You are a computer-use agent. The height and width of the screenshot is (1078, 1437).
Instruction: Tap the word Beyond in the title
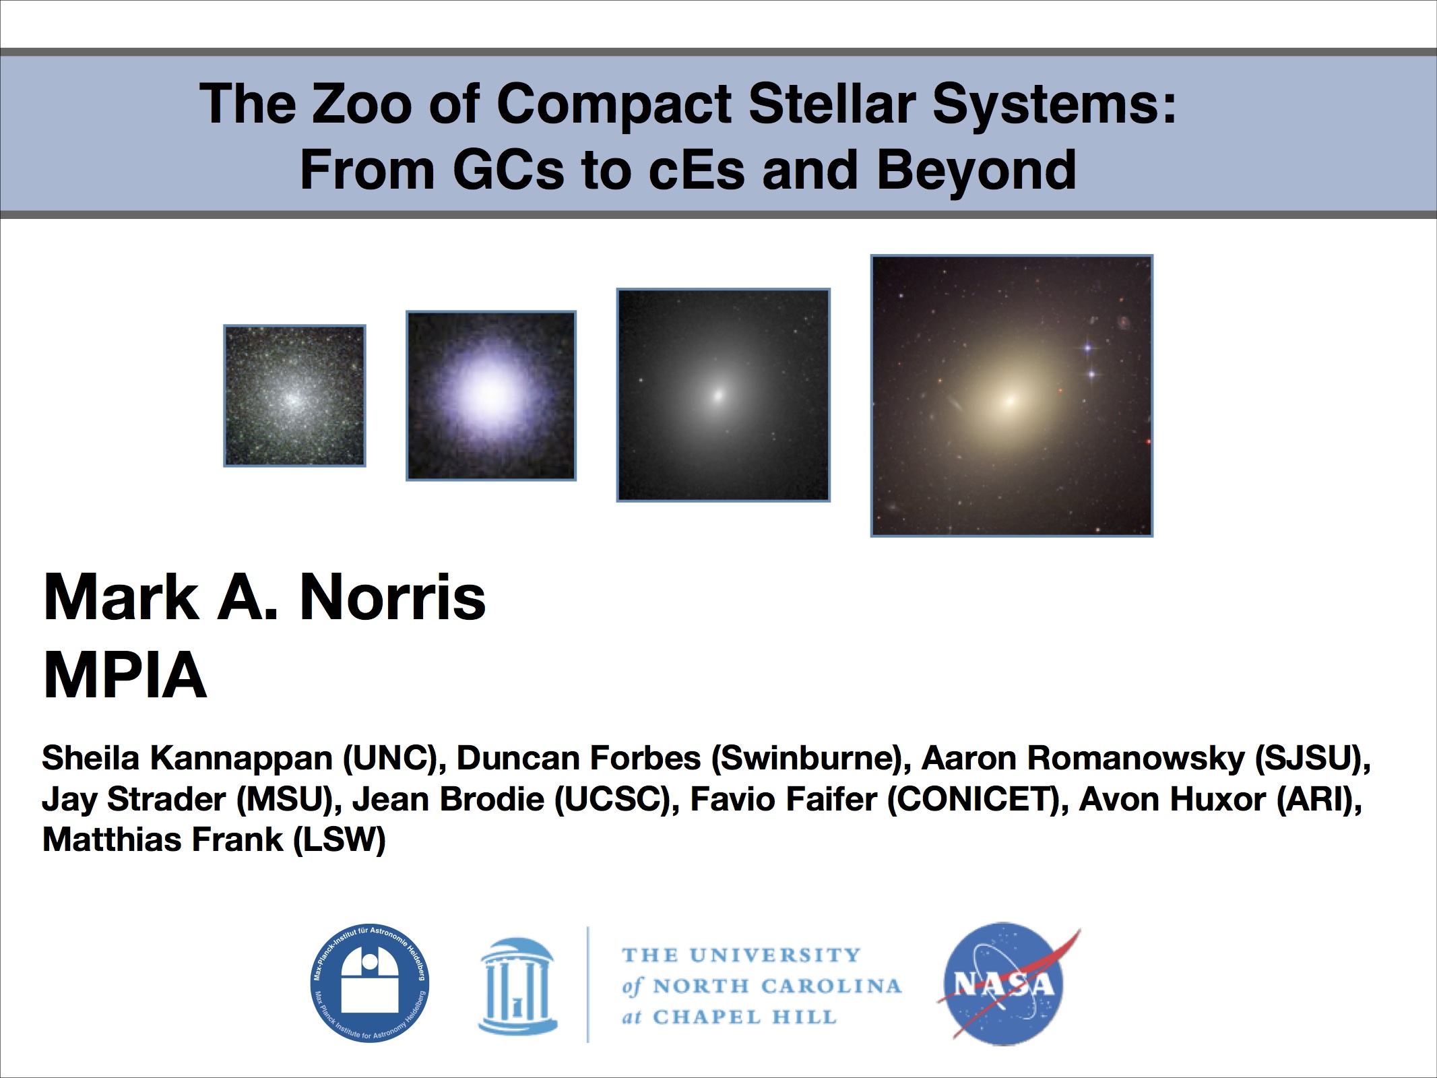[x=976, y=170]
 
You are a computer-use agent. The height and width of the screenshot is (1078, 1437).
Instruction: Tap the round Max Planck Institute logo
[x=370, y=983]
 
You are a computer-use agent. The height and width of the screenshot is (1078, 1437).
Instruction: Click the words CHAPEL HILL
[x=744, y=1017]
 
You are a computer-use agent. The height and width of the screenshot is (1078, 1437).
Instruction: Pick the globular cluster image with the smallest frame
[x=295, y=395]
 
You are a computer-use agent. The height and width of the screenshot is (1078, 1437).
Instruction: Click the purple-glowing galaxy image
[x=491, y=395]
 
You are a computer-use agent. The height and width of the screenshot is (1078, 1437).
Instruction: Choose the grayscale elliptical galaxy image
[x=724, y=395]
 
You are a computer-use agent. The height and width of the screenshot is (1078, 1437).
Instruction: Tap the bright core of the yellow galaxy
[x=1010, y=401]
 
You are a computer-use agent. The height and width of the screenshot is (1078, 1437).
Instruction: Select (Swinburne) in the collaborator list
[x=806, y=759]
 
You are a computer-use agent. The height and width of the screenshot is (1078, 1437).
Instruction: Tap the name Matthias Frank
[x=162, y=839]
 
